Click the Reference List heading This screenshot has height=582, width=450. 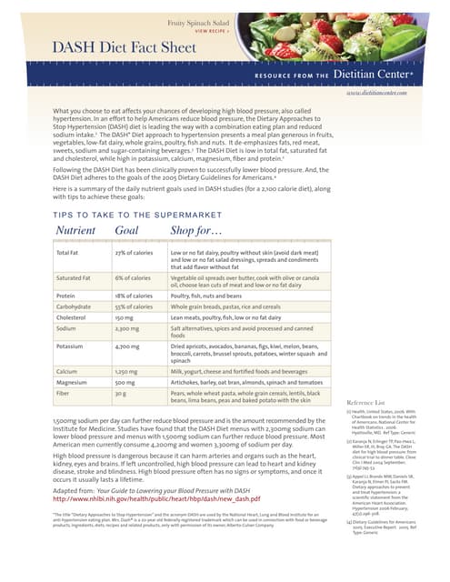point(367,402)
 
